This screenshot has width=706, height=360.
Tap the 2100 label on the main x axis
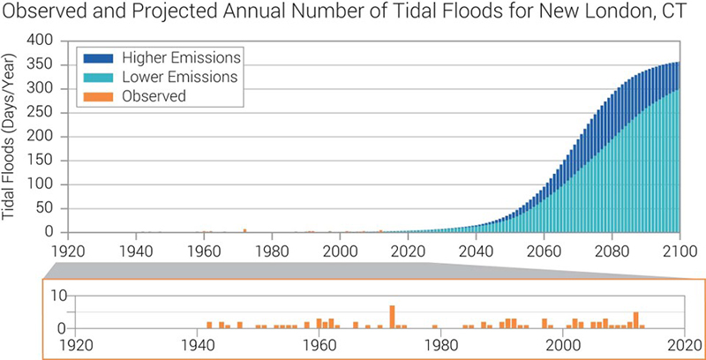click(x=679, y=250)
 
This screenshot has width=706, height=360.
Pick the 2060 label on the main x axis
click(x=544, y=250)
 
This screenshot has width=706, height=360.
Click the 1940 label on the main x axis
click(x=136, y=250)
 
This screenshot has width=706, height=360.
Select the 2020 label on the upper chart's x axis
click(x=408, y=250)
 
